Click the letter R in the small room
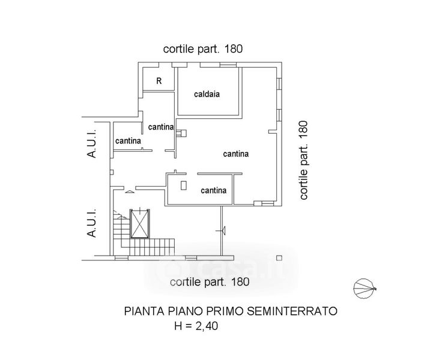pos(159,81)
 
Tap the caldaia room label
pos(205,94)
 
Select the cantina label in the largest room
pos(236,154)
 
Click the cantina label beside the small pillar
pos(213,190)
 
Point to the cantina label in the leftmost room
pos(128,141)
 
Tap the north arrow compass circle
pos(364,290)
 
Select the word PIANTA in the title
pos(142,311)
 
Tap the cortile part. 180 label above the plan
pos(204,49)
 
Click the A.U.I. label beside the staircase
pos(92,223)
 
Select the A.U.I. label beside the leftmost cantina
pos(92,144)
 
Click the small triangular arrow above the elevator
pos(130,192)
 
